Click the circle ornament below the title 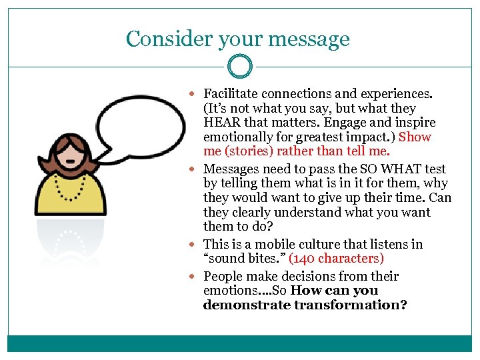tap(239, 67)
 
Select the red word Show tap(415, 137)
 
